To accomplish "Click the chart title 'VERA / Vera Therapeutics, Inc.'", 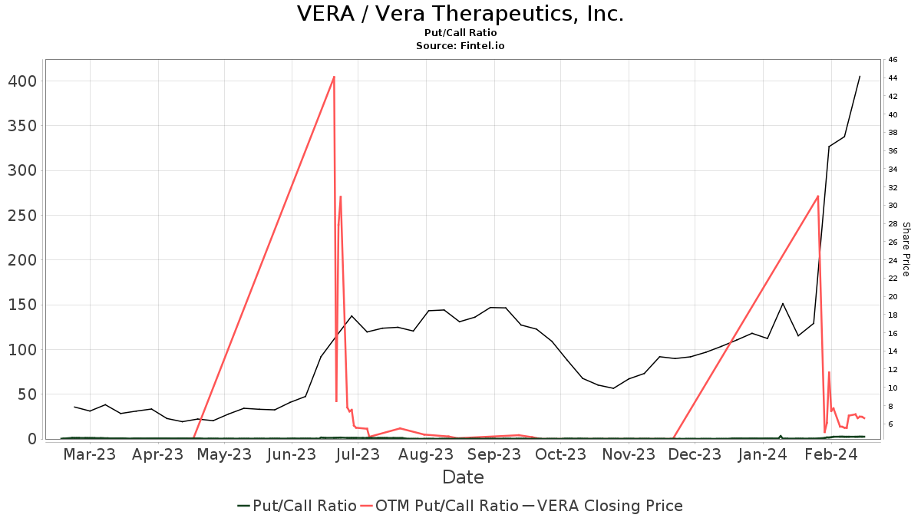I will [x=460, y=14].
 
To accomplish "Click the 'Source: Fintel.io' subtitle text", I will [x=460, y=46].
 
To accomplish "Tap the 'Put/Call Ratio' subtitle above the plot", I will [x=460, y=33].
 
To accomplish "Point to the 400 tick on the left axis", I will [x=22, y=81].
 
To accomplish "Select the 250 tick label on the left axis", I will [x=22, y=216].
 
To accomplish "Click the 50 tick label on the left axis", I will [x=27, y=394].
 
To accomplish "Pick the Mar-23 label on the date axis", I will [x=90, y=454].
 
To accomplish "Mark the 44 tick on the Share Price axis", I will [x=893, y=78].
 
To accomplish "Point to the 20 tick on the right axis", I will [x=893, y=297].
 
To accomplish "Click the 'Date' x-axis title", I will [x=463, y=477].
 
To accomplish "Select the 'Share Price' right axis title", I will [x=906, y=249].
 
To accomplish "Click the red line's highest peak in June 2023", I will [x=334, y=77].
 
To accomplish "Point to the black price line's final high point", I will [x=860, y=76].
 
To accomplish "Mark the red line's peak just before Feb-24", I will [x=818, y=196].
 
